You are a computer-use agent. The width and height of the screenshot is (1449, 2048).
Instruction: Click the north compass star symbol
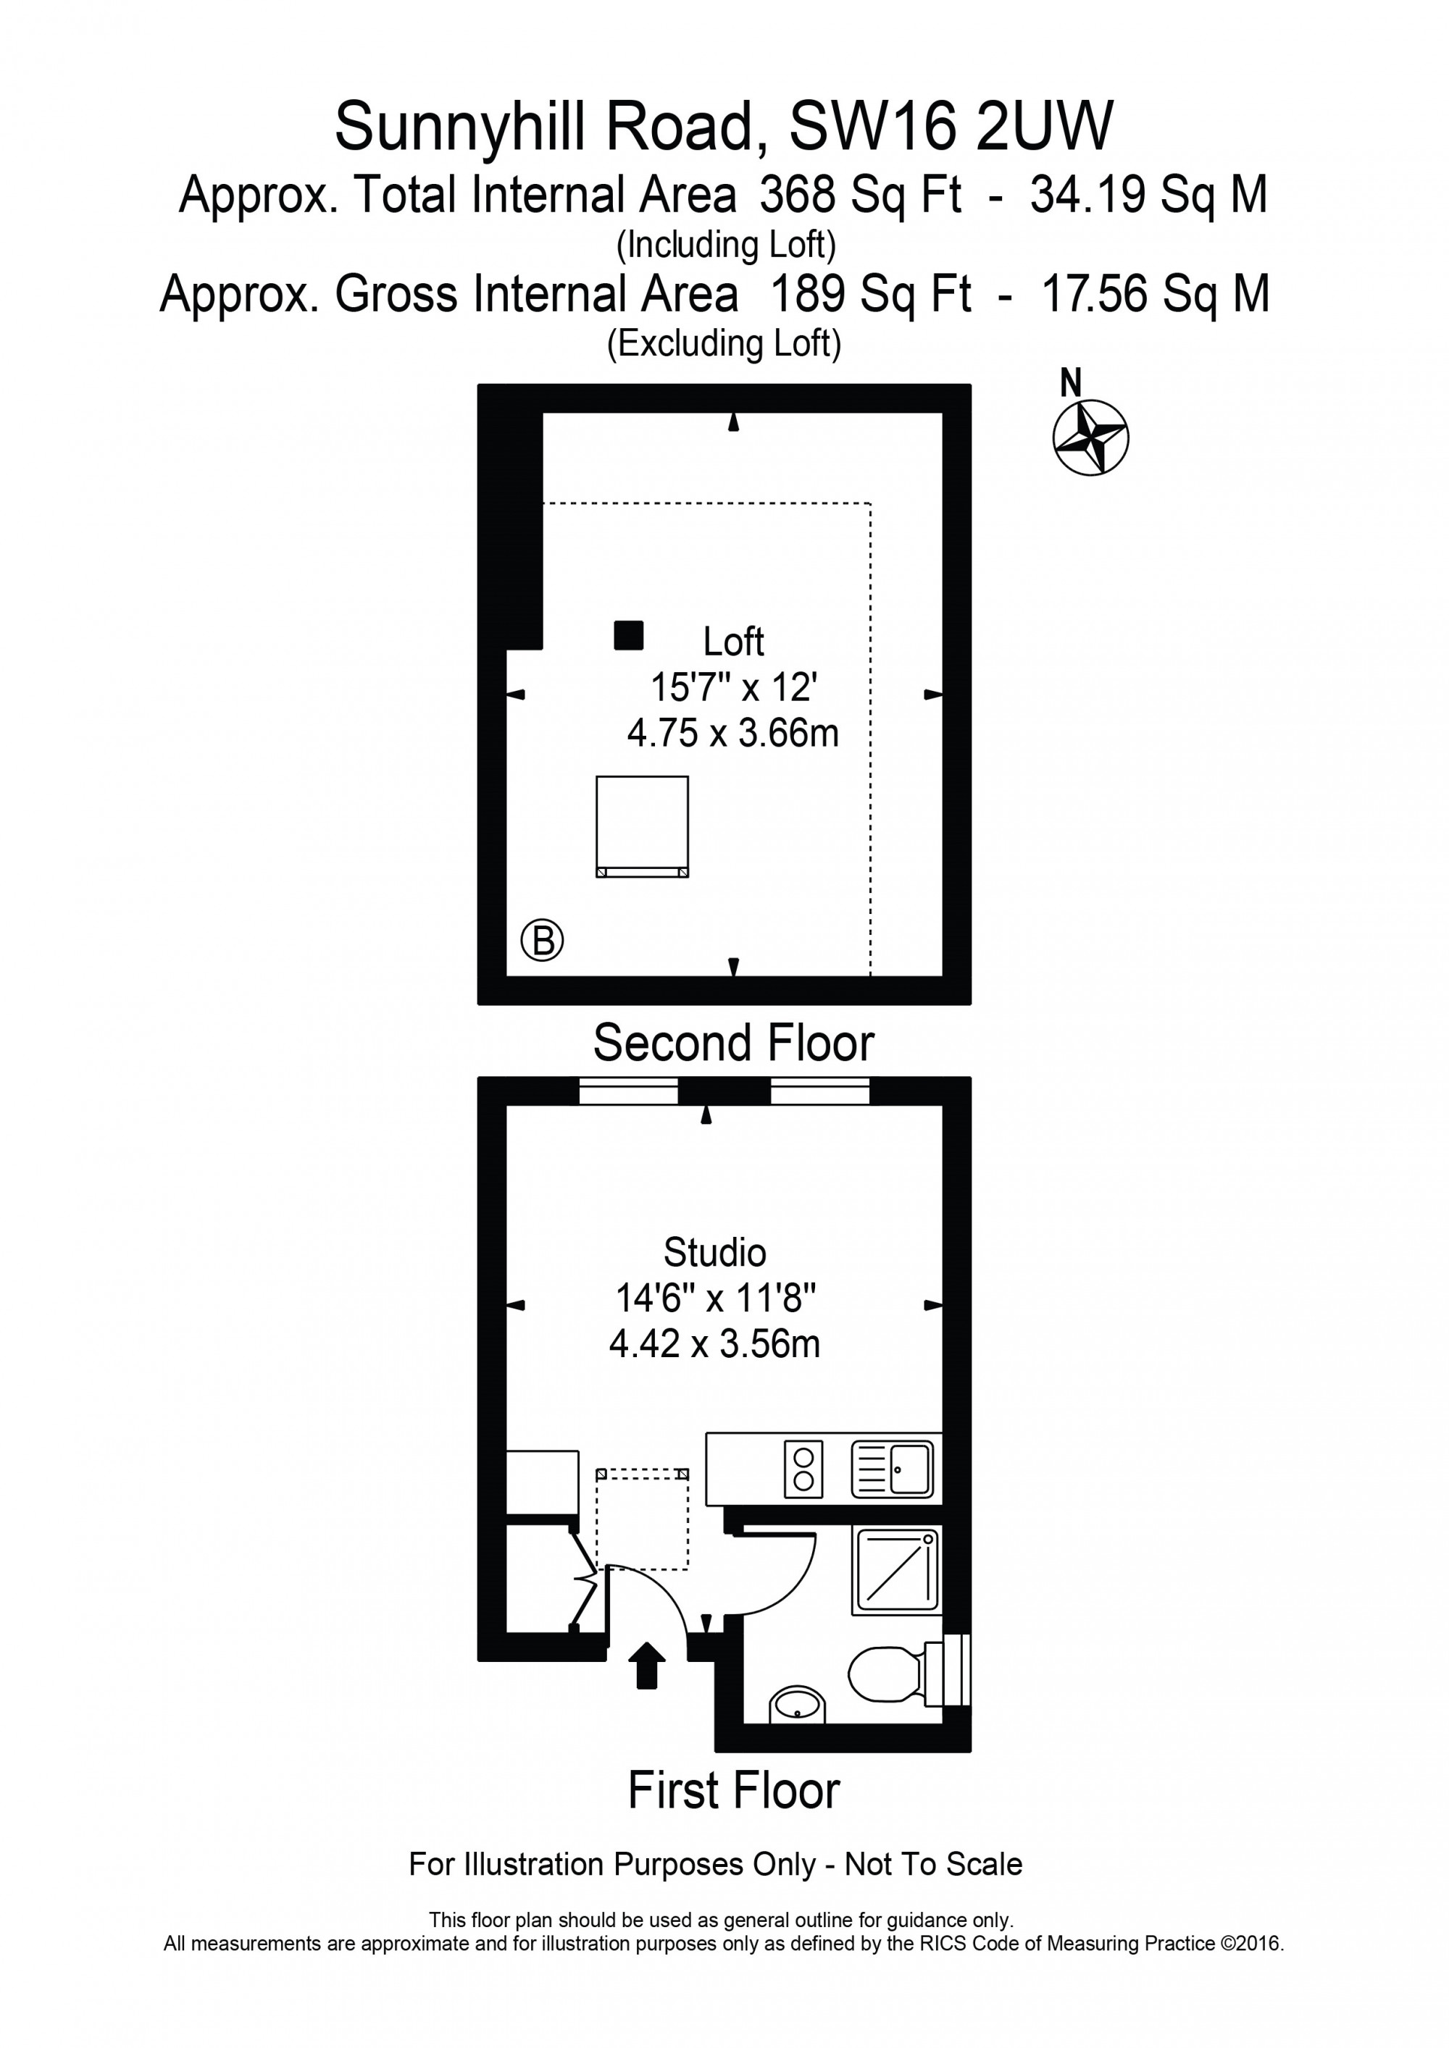[1090, 438]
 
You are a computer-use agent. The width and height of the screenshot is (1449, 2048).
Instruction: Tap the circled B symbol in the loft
[543, 939]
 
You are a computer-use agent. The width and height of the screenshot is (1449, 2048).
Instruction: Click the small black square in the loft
[629, 635]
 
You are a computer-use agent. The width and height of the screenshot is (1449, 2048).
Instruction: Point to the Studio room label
[714, 1252]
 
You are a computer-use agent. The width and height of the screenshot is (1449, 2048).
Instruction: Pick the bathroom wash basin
[797, 1704]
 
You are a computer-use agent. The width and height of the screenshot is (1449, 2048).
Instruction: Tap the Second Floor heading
[733, 1043]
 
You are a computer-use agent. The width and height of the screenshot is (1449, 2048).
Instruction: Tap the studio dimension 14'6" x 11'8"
[716, 1298]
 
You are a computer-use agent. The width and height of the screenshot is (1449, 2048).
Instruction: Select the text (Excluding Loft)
[724, 343]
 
